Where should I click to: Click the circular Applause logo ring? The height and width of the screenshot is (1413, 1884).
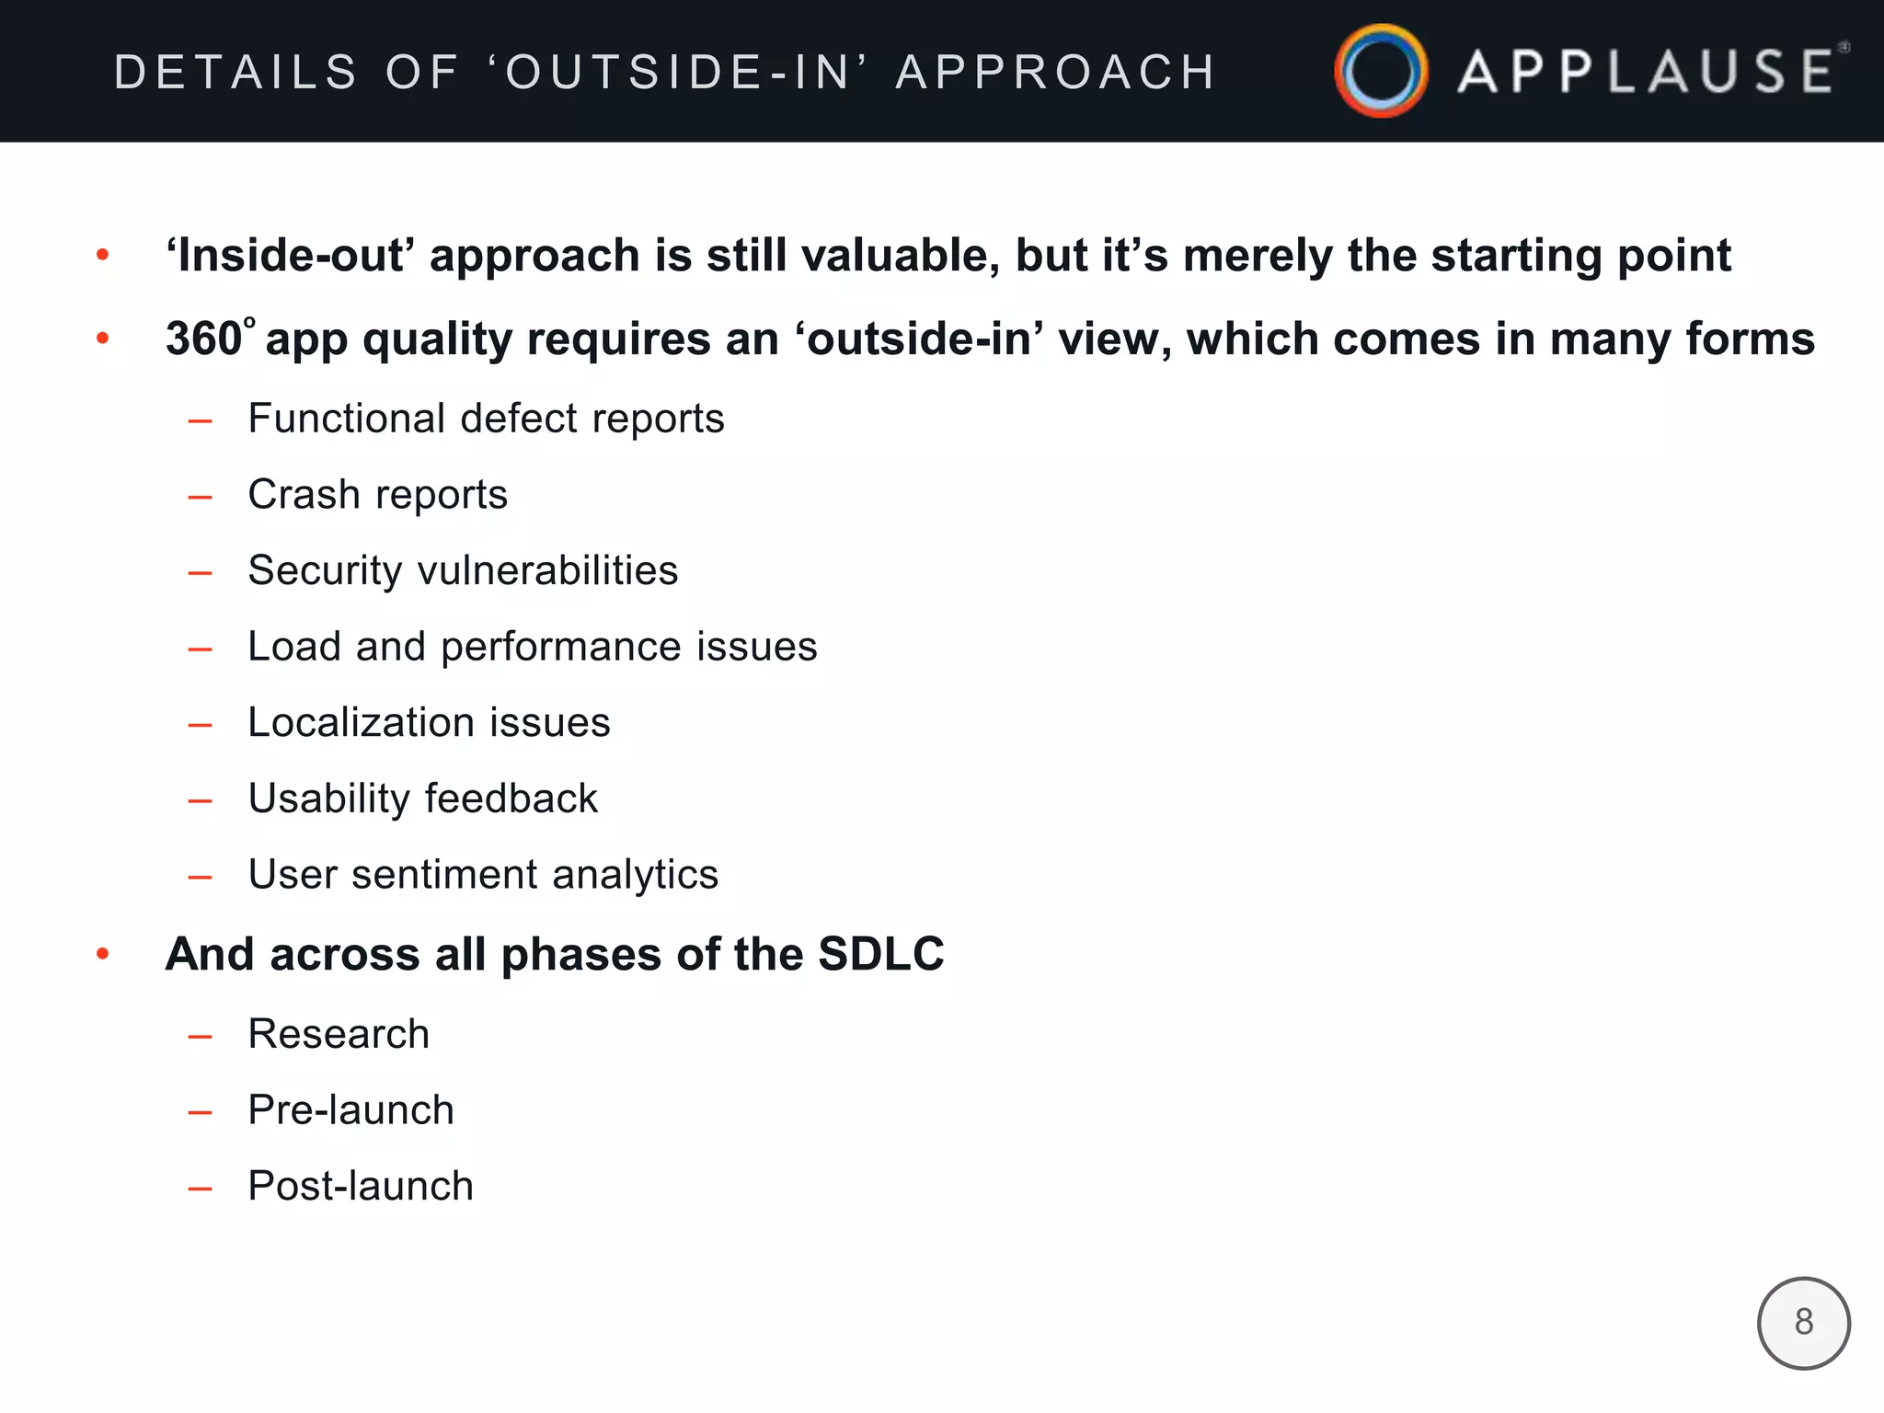coord(1381,71)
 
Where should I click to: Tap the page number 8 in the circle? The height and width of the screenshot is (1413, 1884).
coord(1803,1323)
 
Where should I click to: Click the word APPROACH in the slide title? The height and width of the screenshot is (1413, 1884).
coord(1056,72)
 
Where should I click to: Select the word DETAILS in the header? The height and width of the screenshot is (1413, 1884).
coord(235,72)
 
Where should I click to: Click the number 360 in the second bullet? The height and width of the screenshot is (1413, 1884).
coord(204,339)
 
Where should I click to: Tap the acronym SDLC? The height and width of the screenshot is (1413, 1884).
coord(880,954)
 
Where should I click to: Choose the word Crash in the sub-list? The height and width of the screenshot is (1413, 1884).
coord(304,495)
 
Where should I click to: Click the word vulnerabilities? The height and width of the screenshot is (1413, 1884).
coord(548,570)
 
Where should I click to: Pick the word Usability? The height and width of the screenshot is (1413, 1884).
coord(327,798)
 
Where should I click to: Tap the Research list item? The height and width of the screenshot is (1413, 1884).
coord(339,1034)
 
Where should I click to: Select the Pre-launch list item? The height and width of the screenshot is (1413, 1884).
coord(350,1110)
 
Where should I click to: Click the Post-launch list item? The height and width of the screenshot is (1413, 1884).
coord(361,1187)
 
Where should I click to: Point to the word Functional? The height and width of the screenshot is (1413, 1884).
coord(347,419)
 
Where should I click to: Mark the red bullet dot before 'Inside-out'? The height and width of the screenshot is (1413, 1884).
coord(103,255)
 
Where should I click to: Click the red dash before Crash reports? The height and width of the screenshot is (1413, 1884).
coord(200,498)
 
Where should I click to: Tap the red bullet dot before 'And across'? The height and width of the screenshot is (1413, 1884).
coord(103,954)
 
